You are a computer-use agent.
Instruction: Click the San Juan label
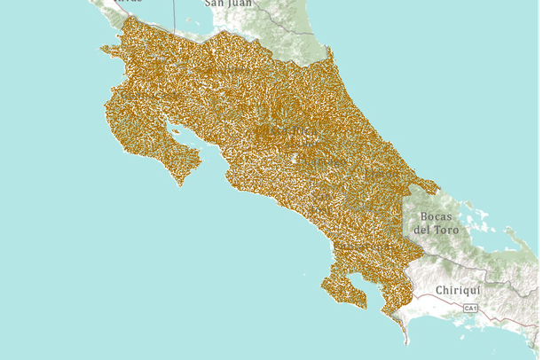click(228, 4)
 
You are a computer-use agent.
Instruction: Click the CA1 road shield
click(470, 308)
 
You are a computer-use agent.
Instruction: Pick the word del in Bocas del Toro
click(421, 230)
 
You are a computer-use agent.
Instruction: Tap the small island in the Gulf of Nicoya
click(176, 134)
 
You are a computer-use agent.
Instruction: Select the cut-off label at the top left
click(128, 2)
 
